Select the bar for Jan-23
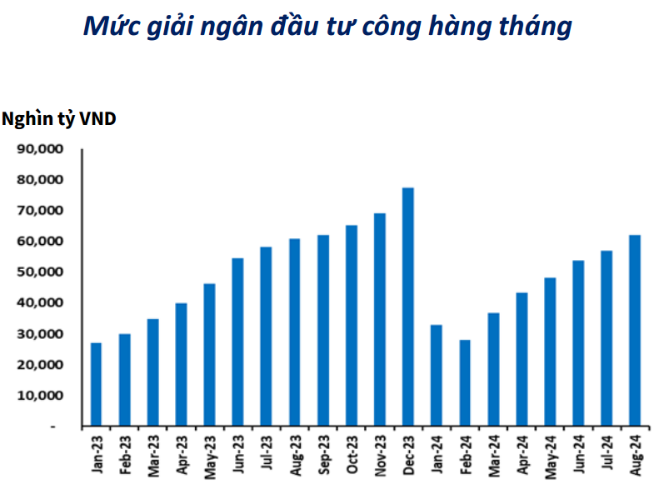click(96, 384)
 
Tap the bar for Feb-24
click(464, 382)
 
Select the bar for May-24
click(549, 352)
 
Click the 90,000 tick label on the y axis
click(42, 149)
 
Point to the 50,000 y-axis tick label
click(42, 272)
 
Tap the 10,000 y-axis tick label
click(42, 395)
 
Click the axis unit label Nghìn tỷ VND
click(59, 119)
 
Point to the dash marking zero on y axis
click(52, 426)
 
